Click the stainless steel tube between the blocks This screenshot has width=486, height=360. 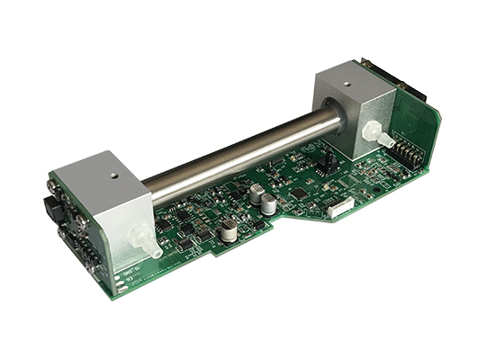(234, 153)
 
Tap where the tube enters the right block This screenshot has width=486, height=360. (336, 118)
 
